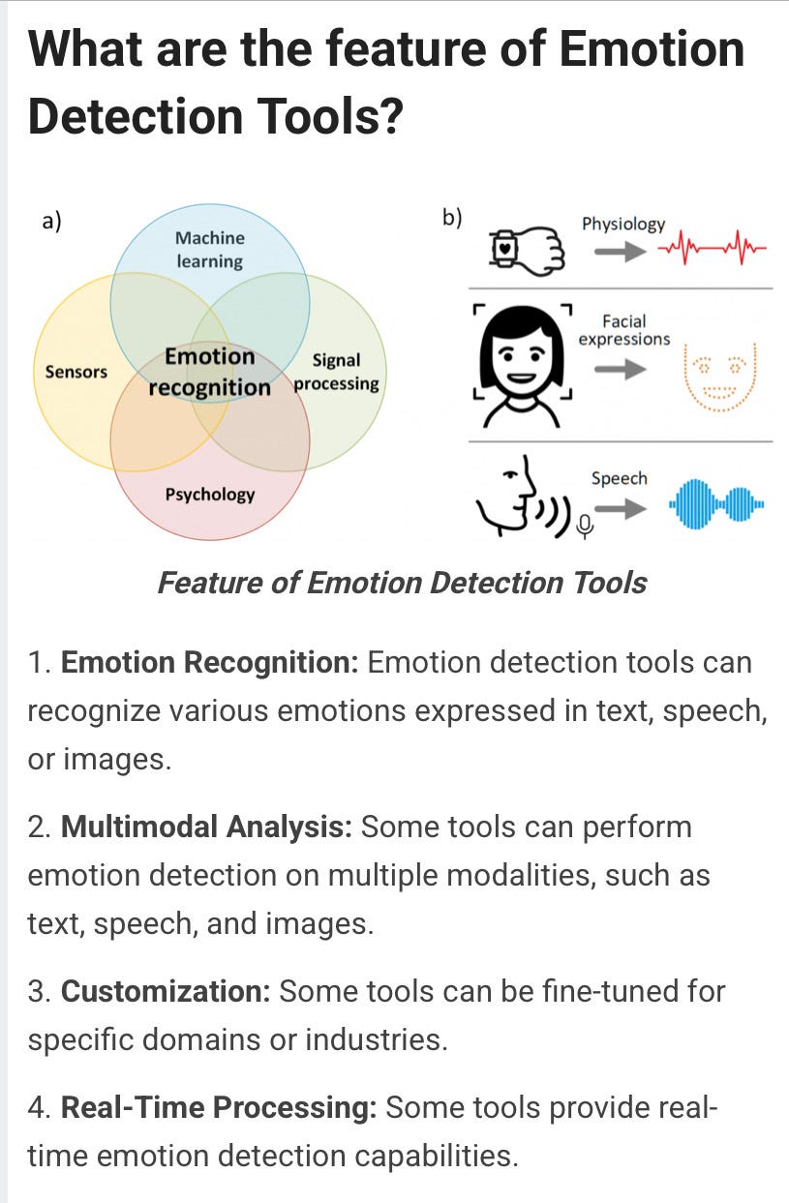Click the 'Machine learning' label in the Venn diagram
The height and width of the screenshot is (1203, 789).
209,249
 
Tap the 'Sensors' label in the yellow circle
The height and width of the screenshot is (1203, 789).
76,371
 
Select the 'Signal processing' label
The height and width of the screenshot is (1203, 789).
336,372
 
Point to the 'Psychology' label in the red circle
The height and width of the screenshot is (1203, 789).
209,494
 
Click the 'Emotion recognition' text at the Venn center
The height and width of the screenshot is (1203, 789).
210,372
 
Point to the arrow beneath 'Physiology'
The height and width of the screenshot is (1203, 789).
620,252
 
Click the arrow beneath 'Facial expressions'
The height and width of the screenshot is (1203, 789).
620,370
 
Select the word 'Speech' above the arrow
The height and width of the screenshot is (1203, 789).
619,478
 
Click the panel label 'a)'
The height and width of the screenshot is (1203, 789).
51,222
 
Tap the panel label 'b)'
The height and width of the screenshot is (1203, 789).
452,218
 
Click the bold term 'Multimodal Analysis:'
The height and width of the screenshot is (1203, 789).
206,827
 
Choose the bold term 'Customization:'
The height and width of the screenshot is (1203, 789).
168,991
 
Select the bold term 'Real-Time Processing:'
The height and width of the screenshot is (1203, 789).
218,1108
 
